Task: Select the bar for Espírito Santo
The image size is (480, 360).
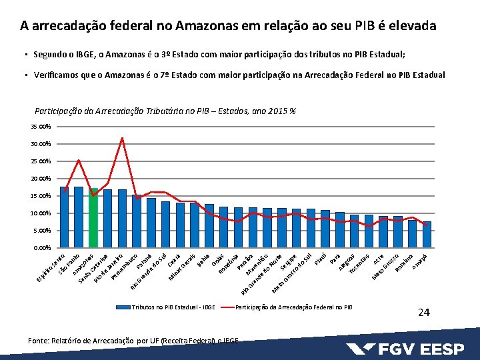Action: pyautogui.click(x=65, y=217)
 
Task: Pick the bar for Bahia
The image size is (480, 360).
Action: pyautogui.click(x=209, y=226)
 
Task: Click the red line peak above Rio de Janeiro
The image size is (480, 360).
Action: pyautogui.click(x=122, y=138)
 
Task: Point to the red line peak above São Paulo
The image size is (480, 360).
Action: pyautogui.click(x=79, y=160)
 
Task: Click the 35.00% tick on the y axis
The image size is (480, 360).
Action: pyautogui.click(x=41, y=127)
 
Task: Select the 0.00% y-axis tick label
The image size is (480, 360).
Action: pyautogui.click(x=43, y=248)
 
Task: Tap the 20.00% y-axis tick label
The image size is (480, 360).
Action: pyautogui.click(x=41, y=179)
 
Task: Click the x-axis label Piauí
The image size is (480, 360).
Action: pyautogui.click(x=321, y=257)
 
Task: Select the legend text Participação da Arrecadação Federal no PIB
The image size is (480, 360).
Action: pyautogui.click(x=294, y=307)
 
